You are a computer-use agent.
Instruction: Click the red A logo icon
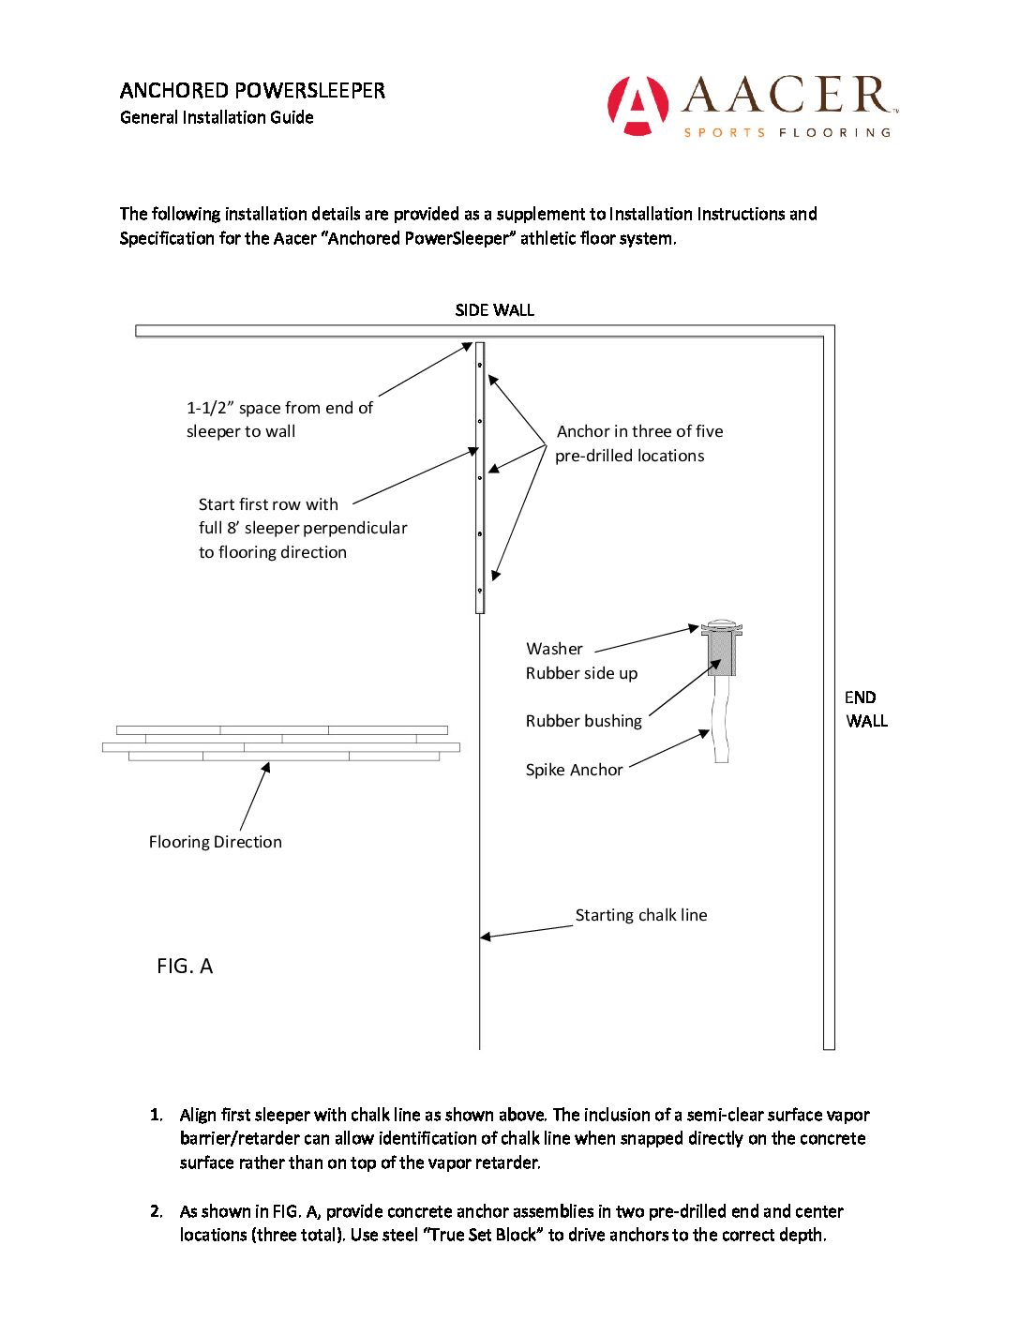pos(637,105)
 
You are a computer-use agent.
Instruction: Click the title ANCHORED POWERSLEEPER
pos(252,91)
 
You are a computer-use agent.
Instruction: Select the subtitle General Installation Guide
pos(217,117)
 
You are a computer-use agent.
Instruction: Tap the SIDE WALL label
pos(494,310)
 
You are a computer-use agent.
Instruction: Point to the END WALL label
pos(864,709)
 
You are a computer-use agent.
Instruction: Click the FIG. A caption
pos(185,967)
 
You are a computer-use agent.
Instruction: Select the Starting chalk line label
pos(641,915)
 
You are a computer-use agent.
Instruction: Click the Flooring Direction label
pos(215,842)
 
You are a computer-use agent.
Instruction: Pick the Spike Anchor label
pos(574,770)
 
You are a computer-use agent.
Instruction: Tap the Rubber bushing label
pos(583,721)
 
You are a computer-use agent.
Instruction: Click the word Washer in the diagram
pos(554,649)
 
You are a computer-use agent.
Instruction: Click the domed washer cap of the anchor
pos(722,625)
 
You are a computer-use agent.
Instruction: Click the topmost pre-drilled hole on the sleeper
pos(480,366)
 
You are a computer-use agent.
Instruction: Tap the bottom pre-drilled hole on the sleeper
pos(480,591)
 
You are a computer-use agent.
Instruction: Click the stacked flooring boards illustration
pos(281,742)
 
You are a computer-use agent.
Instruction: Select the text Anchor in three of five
pos(639,431)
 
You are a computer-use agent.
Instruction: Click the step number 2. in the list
pos(157,1211)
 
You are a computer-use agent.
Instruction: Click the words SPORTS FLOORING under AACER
pos(787,133)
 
